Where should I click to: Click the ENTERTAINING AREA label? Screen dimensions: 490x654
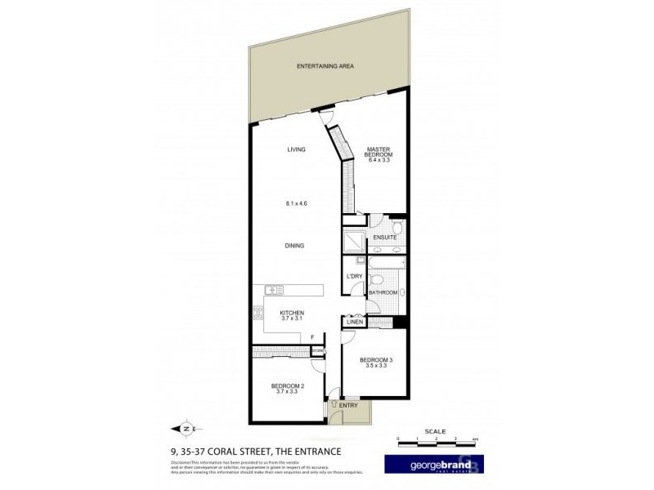click(x=325, y=65)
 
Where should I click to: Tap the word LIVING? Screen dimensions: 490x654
click(x=296, y=149)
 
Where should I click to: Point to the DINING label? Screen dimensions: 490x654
click(x=296, y=245)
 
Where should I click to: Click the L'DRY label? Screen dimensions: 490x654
click(x=354, y=276)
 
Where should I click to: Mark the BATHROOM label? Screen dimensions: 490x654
click(x=383, y=292)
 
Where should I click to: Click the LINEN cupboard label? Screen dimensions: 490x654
click(x=354, y=323)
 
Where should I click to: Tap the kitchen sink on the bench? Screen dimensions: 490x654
click(x=273, y=289)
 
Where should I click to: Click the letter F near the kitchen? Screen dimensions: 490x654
click(x=312, y=336)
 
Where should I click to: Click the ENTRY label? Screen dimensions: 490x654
click(x=349, y=405)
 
